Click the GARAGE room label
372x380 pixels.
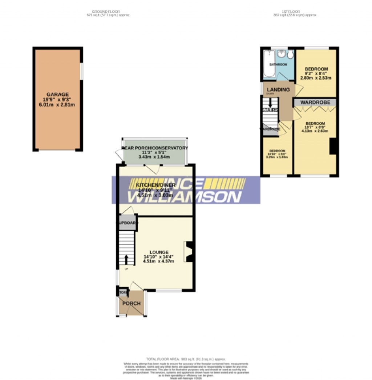point(57,94)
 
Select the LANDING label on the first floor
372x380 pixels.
point(278,90)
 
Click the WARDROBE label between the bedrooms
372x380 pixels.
point(315,103)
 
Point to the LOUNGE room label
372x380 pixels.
point(160,252)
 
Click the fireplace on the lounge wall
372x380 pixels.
point(189,252)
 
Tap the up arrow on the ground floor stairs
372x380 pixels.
point(126,260)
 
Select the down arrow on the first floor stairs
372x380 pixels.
point(270,103)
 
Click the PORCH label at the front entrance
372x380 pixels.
point(131,304)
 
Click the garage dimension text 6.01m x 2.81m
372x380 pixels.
point(57,105)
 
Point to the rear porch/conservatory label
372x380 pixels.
point(155,148)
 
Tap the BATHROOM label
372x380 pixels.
point(278,65)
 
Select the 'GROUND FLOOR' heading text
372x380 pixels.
point(106,12)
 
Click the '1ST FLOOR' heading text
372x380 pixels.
point(295,12)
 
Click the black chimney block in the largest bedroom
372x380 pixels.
point(333,146)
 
